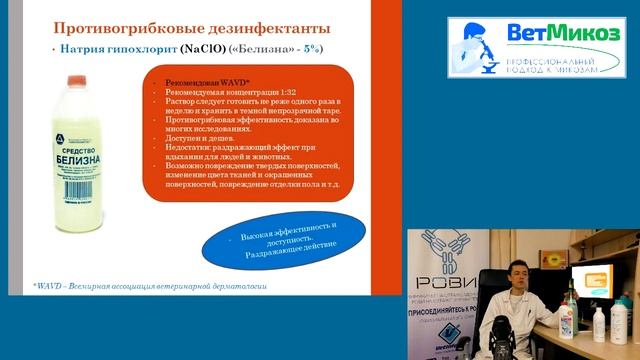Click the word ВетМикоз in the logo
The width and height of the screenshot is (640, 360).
[563, 33]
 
